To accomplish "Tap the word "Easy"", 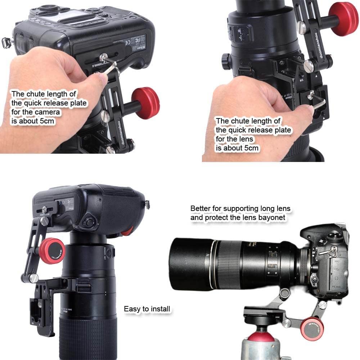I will click(x=132, y=309).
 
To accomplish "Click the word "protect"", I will click(x=217, y=218).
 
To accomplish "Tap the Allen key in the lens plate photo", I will click(x=319, y=101).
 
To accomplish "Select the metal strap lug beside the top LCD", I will click(x=6, y=42).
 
